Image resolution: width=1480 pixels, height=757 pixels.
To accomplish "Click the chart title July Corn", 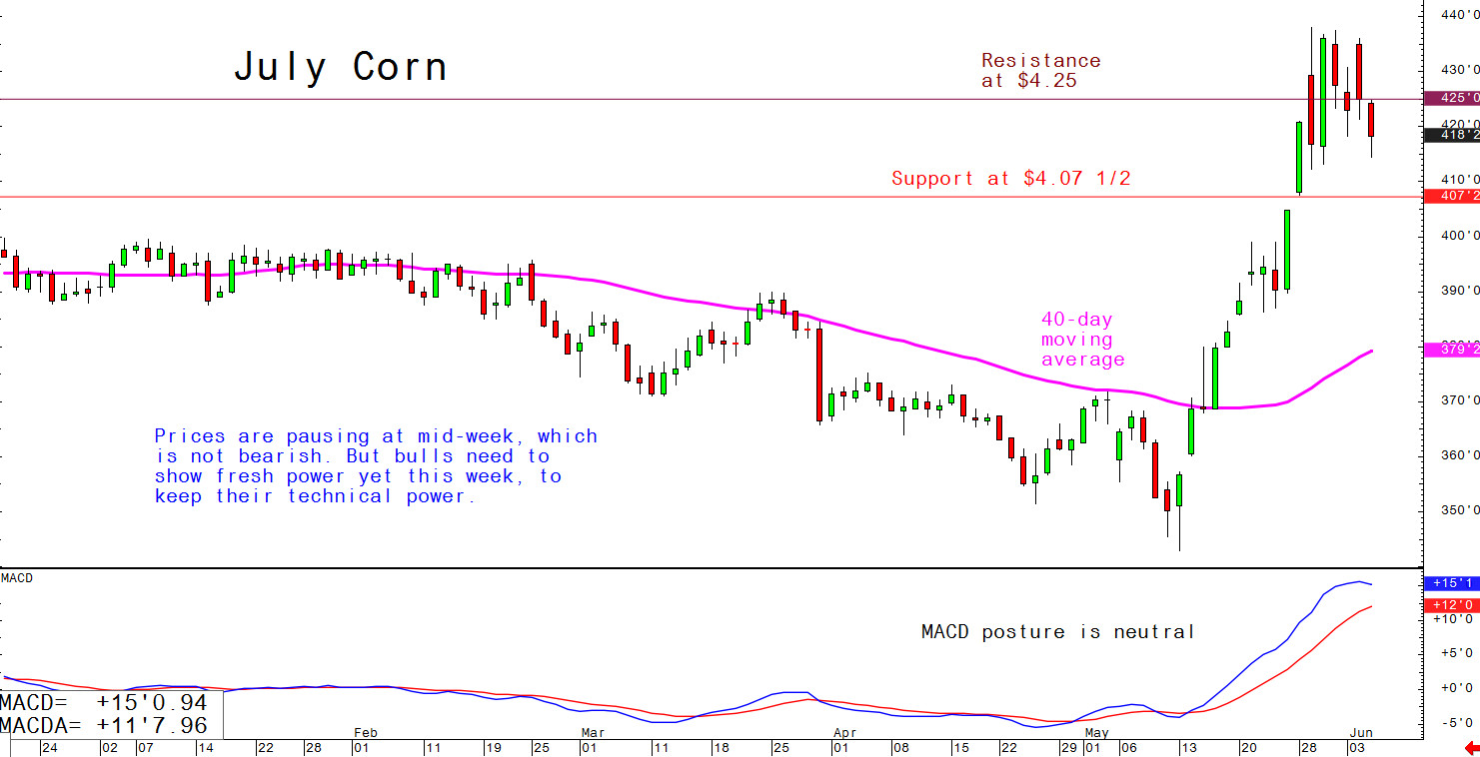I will (x=340, y=68).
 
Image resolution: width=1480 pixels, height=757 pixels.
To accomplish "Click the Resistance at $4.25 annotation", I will (x=1040, y=71).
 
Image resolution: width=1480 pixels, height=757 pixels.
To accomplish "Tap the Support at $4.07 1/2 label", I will (x=1010, y=179).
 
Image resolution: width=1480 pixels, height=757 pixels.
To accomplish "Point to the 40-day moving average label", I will (x=1082, y=340).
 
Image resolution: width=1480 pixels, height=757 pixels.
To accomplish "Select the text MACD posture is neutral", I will (x=1057, y=631).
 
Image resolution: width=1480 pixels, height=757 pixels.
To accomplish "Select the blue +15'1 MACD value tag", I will (x=1452, y=582).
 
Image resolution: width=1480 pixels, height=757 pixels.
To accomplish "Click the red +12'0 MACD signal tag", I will (x=1452, y=604).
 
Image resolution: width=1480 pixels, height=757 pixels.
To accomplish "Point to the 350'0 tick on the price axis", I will (x=1459, y=510).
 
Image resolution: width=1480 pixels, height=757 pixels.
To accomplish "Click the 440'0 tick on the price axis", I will (x=1459, y=15).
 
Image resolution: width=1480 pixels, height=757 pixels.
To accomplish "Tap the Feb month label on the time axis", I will (x=366, y=732).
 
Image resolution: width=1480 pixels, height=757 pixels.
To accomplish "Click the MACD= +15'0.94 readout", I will (x=104, y=704).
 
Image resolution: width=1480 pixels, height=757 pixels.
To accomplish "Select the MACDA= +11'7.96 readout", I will (x=104, y=724).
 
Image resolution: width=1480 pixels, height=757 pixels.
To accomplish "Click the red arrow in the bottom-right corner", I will (x=1470, y=747).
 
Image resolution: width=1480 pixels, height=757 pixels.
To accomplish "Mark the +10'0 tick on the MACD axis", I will (x=1452, y=619).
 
